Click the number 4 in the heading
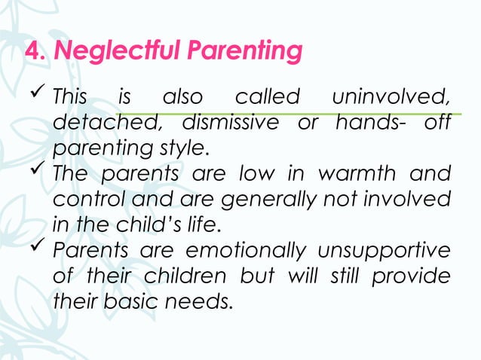pos(32,52)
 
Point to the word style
pos(181,146)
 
